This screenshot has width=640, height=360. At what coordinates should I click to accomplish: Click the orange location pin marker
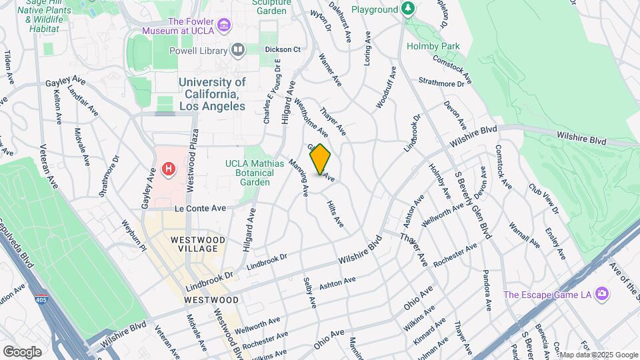pyautogui.click(x=320, y=159)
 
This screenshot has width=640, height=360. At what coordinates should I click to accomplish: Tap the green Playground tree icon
pyautogui.click(x=408, y=9)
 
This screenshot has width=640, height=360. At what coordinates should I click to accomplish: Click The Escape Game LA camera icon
pyautogui.click(x=602, y=293)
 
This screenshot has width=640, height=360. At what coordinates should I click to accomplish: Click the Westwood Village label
pyautogui.click(x=194, y=244)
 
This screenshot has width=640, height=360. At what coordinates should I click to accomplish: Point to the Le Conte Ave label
pyautogui.click(x=201, y=208)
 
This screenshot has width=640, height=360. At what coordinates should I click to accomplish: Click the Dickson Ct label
pyautogui.click(x=283, y=49)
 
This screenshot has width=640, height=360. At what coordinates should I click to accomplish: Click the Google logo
pyautogui.click(x=22, y=351)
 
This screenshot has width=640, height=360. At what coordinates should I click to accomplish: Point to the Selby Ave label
pyautogui.click(x=309, y=293)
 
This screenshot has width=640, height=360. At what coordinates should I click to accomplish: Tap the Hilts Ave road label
pyautogui.click(x=335, y=213)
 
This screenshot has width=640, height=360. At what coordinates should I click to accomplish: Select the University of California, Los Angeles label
pyautogui.click(x=212, y=94)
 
